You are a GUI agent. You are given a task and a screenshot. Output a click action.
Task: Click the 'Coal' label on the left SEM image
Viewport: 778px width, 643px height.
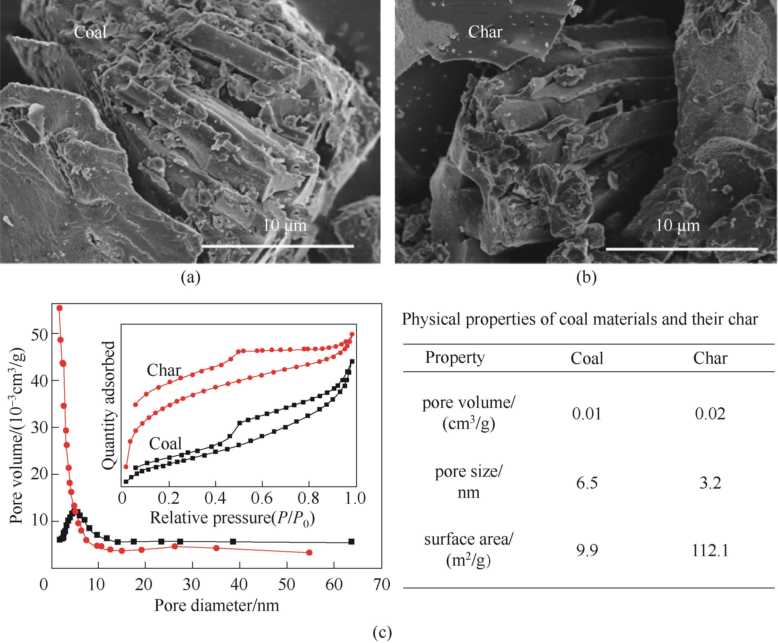click(90, 32)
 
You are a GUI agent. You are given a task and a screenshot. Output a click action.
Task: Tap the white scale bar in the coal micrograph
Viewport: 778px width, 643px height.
click(278, 246)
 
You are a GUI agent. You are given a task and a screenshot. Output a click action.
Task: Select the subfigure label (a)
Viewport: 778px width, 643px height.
click(190, 277)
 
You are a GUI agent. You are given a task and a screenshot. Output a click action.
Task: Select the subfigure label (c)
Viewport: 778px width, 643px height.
click(382, 632)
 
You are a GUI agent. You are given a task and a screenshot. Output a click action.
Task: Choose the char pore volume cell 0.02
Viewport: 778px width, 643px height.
click(710, 414)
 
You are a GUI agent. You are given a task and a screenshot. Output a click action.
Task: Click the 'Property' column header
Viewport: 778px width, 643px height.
click(455, 358)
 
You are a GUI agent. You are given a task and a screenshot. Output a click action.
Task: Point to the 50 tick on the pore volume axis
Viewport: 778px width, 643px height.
click(40, 335)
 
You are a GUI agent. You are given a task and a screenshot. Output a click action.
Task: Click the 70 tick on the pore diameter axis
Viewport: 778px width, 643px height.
click(382, 584)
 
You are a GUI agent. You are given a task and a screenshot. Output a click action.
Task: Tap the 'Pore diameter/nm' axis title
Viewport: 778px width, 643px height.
click(216, 605)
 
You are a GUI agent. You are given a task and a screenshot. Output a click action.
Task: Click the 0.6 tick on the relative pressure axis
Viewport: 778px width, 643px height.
click(262, 498)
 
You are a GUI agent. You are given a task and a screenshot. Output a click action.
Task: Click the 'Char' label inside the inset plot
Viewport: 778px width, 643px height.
click(164, 370)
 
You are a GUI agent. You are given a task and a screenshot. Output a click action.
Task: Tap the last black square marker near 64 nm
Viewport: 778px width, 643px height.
click(351, 541)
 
